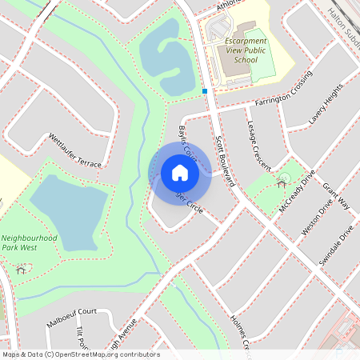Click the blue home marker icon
(x=180, y=173)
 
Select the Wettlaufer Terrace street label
(x=75, y=150)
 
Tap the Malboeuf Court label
(x=71, y=313)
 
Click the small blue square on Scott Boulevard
(x=206, y=91)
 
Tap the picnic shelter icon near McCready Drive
(x=282, y=179)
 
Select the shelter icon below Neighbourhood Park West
(x=20, y=269)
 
